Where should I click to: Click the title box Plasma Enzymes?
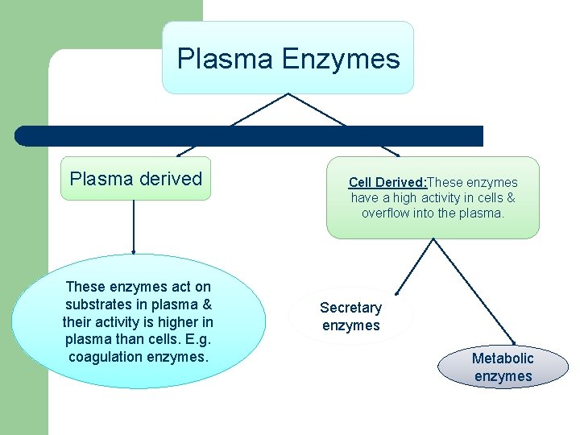click(x=288, y=58)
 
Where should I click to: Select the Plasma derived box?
click(x=135, y=179)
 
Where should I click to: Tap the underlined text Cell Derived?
click(x=386, y=183)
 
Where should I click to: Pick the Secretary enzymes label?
click(x=350, y=317)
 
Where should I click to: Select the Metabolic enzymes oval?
click(x=503, y=367)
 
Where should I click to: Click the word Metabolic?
click(x=503, y=358)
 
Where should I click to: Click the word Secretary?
click(x=350, y=308)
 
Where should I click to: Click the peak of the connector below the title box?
click(x=288, y=94)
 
